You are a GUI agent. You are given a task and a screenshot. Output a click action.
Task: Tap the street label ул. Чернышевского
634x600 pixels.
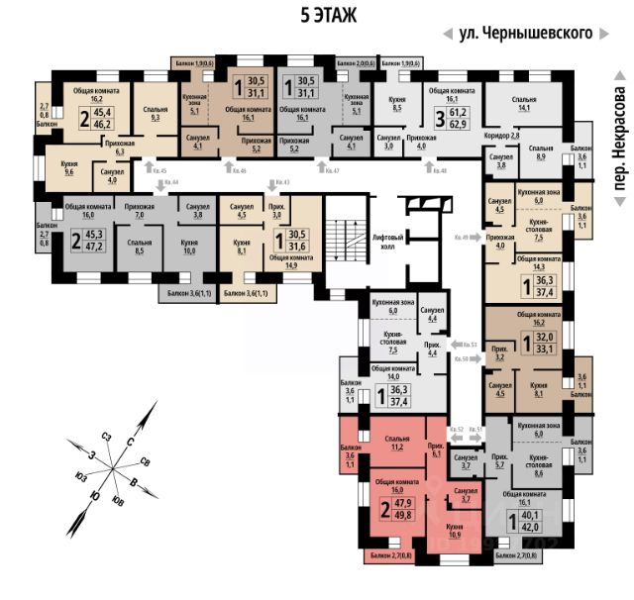coord(525,33)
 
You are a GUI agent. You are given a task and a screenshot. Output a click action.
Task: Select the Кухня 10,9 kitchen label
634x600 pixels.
coord(456,530)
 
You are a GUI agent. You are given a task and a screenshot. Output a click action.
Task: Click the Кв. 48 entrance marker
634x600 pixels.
coord(435,171)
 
